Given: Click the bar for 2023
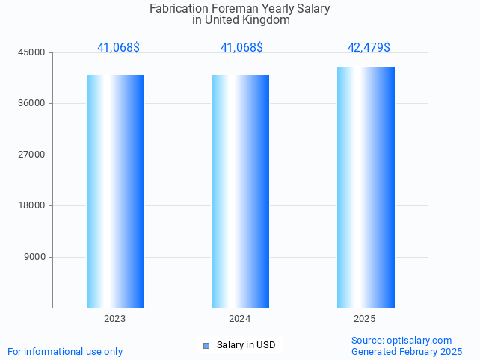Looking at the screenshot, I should tap(115, 191).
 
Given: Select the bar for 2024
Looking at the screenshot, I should tap(240, 191).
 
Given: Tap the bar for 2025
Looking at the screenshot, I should tap(366, 187).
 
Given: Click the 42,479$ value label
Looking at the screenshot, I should tap(369, 48).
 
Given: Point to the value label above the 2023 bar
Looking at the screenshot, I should tap(118, 48).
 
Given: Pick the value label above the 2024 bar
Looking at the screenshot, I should tap(241, 48).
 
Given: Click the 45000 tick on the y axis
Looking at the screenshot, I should tap(32, 52).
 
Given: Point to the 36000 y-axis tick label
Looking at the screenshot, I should tap(32, 104).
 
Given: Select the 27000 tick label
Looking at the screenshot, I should tap(32, 155).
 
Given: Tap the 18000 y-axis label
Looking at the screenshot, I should tap(32, 206).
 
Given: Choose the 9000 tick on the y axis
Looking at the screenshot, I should tap(34, 257).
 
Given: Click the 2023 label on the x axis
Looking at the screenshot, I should tap(114, 319).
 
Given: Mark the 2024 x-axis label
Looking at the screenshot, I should tap(239, 319).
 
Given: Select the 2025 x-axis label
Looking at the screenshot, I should tap(364, 319).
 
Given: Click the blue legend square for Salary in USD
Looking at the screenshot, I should tap(206, 345).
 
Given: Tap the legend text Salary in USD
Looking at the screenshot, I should tap(246, 345).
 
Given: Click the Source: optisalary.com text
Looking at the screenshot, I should tap(401, 341).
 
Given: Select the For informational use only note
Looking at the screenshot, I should tap(65, 352).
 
